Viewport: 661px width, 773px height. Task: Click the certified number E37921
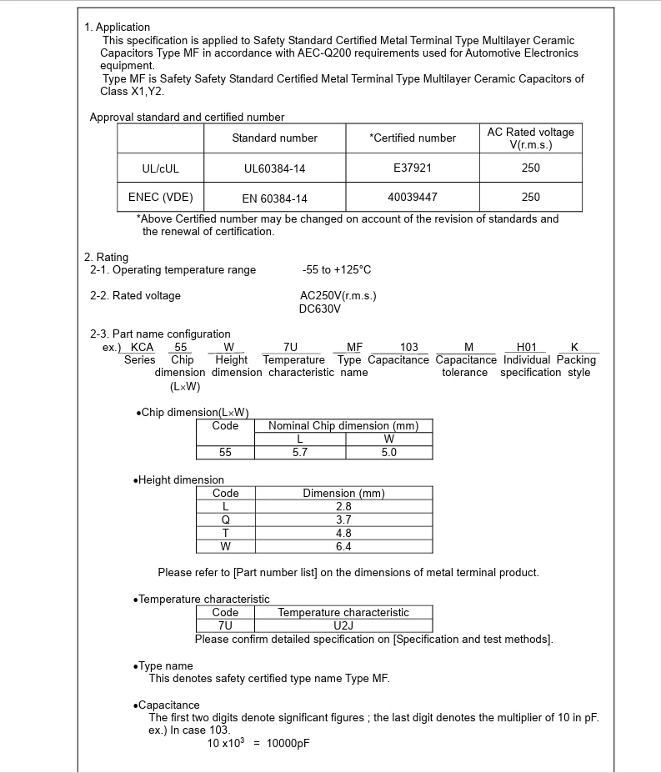[413, 168]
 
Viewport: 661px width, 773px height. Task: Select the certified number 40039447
[413, 198]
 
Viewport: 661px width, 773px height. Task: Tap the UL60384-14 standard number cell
[274, 168]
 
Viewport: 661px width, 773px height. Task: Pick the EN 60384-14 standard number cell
[274, 198]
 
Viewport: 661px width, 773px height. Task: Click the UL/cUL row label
[160, 168]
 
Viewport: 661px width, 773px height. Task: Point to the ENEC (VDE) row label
[160, 198]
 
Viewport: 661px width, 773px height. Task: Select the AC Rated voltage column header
[530, 138]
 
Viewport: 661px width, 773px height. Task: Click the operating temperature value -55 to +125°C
[337, 270]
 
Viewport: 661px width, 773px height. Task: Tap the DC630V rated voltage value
[320, 309]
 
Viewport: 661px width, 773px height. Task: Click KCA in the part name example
[143, 347]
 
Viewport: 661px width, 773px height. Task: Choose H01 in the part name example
[526, 347]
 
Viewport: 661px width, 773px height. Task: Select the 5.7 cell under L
[300, 453]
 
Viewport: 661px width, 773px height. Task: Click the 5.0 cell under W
[389, 453]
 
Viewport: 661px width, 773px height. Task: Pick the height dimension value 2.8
[343, 506]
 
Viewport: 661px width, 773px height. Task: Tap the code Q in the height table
[225, 520]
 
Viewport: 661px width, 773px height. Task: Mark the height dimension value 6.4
[343, 546]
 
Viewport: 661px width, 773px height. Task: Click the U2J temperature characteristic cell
[343, 625]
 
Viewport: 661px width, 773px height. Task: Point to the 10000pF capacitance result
[288, 744]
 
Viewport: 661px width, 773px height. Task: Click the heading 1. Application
[118, 28]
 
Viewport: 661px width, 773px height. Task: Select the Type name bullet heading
[165, 665]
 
